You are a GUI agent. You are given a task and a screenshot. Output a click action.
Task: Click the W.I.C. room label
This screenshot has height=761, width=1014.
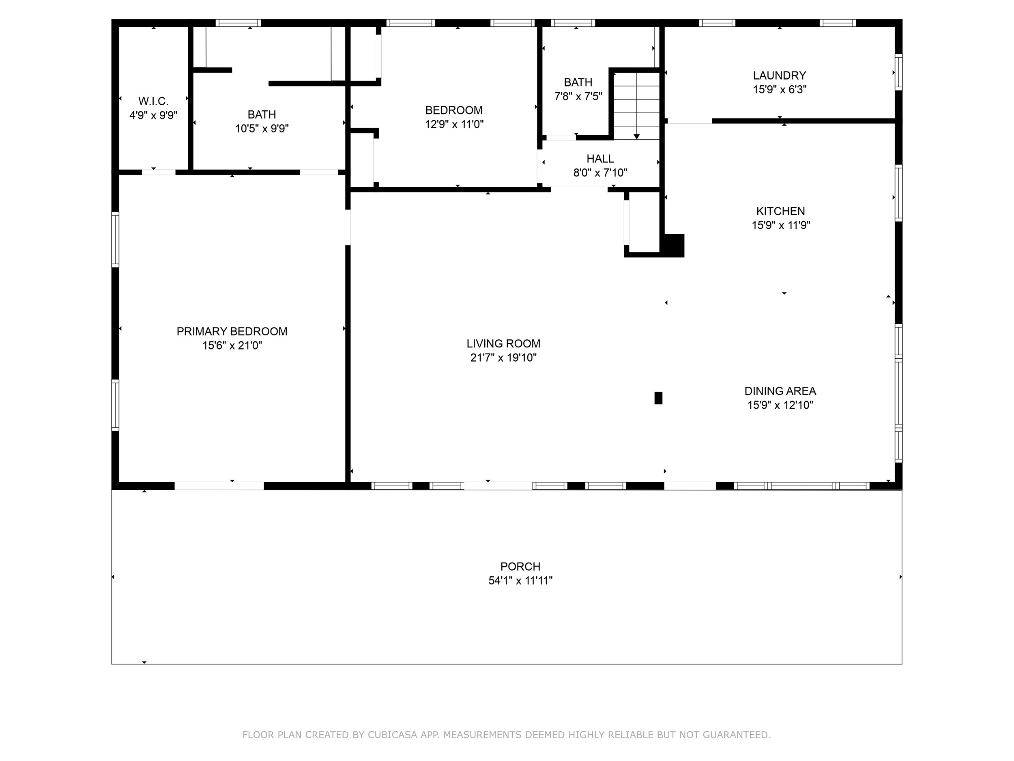pos(154,101)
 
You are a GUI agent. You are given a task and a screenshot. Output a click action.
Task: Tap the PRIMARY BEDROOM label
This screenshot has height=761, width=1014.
pos(232,332)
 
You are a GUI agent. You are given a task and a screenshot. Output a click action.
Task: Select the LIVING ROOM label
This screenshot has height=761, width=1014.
pos(503,344)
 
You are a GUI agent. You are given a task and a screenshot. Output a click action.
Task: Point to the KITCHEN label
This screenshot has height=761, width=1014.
pos(781,211)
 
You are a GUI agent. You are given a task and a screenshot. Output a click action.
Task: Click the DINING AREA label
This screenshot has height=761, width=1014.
pos(780,391)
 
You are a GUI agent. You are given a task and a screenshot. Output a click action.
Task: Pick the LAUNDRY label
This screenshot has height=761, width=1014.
pos(779,75)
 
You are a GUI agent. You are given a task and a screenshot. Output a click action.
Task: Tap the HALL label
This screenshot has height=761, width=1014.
pos(600,159)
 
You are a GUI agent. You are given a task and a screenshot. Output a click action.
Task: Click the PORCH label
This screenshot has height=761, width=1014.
pos(520,567)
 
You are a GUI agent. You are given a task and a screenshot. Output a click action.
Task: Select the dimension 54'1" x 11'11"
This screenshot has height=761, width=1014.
pos(520,581)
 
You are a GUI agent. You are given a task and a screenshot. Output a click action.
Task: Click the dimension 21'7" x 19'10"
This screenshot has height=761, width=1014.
pos(503,358)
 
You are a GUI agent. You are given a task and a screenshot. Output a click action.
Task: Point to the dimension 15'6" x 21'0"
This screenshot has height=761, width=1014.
pos(232,345)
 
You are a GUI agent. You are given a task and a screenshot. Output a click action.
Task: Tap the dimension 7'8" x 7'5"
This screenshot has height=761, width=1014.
pos(578,96)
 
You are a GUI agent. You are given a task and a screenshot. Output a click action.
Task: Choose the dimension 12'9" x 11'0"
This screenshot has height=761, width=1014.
pos(454,124)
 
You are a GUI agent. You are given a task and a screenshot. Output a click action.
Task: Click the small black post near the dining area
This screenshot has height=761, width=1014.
pos(658,398)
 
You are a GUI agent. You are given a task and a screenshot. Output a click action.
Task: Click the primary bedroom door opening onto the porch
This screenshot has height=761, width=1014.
pos(219,486)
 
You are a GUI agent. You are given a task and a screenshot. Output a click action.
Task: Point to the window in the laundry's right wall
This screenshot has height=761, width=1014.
pos(898,73)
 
